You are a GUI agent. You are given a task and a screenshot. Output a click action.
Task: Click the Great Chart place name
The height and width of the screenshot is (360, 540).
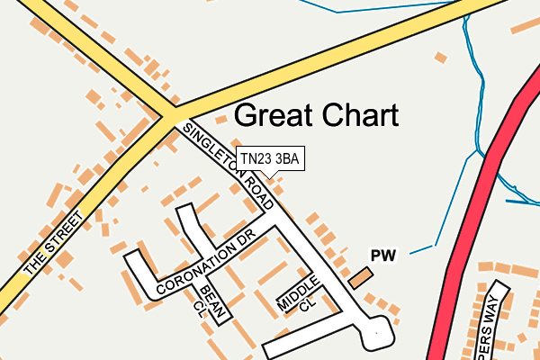coord(316,116)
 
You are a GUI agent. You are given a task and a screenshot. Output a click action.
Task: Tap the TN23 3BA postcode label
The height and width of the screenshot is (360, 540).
coord(269,158)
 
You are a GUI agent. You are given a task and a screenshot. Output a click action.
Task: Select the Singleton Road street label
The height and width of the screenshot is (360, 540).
coord(228,166)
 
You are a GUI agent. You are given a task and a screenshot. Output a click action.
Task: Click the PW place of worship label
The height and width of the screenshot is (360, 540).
coord(383,256)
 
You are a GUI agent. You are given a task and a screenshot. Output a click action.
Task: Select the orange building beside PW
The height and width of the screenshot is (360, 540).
coord(360,278)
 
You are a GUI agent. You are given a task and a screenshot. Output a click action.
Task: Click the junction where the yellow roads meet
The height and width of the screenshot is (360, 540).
coord(168,114)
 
